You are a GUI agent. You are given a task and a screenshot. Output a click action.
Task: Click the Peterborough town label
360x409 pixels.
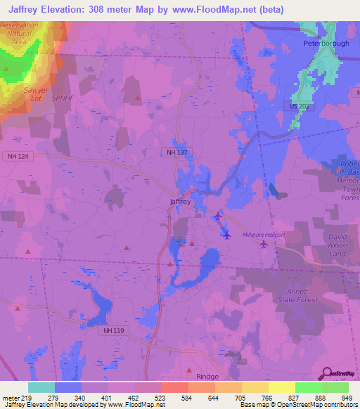click(x=326, y=44)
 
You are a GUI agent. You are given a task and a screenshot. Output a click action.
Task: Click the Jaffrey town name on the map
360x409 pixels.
click(x=180, y=201)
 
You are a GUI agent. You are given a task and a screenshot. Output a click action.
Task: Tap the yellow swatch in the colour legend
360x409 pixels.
click(x=281, y=387)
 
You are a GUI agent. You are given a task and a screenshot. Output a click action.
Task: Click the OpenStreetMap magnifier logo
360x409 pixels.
click(x=326, y=372)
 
